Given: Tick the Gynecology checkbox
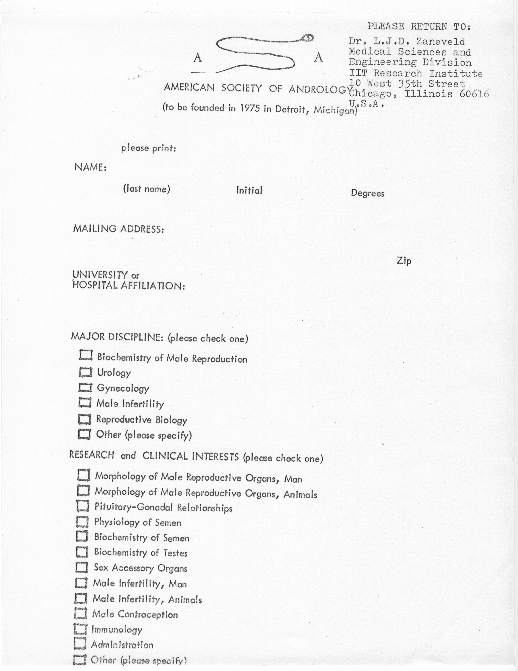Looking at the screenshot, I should tap(85, 388).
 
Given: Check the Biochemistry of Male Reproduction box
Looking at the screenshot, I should tap(86, 355).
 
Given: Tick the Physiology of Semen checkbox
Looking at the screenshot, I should tap(82, 521).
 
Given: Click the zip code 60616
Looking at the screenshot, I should tap(474, 94).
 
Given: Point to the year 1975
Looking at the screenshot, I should tap(250, 108).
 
